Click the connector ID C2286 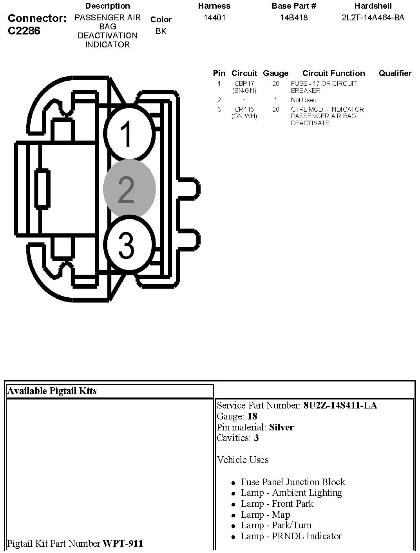point(24,31)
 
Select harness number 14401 point(214,18)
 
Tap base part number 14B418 point(294,18)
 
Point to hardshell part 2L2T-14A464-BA point(373,18)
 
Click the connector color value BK point(161,31)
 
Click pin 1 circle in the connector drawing point(128,133)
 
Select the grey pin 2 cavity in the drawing point(129,189)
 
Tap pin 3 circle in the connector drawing point(128,245)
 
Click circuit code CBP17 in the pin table point(244,84)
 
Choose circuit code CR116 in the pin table point(244,110)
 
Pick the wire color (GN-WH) point(244,116)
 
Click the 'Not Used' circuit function point(304,100)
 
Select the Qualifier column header point(395,73)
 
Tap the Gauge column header point(275,73)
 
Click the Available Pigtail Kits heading point(52,390)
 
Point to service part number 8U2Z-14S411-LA point(340,405)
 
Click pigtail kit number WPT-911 point(123,543)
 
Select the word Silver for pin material point(281,427)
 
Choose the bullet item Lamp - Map point(265,515)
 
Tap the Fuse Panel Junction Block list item point(293,482)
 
